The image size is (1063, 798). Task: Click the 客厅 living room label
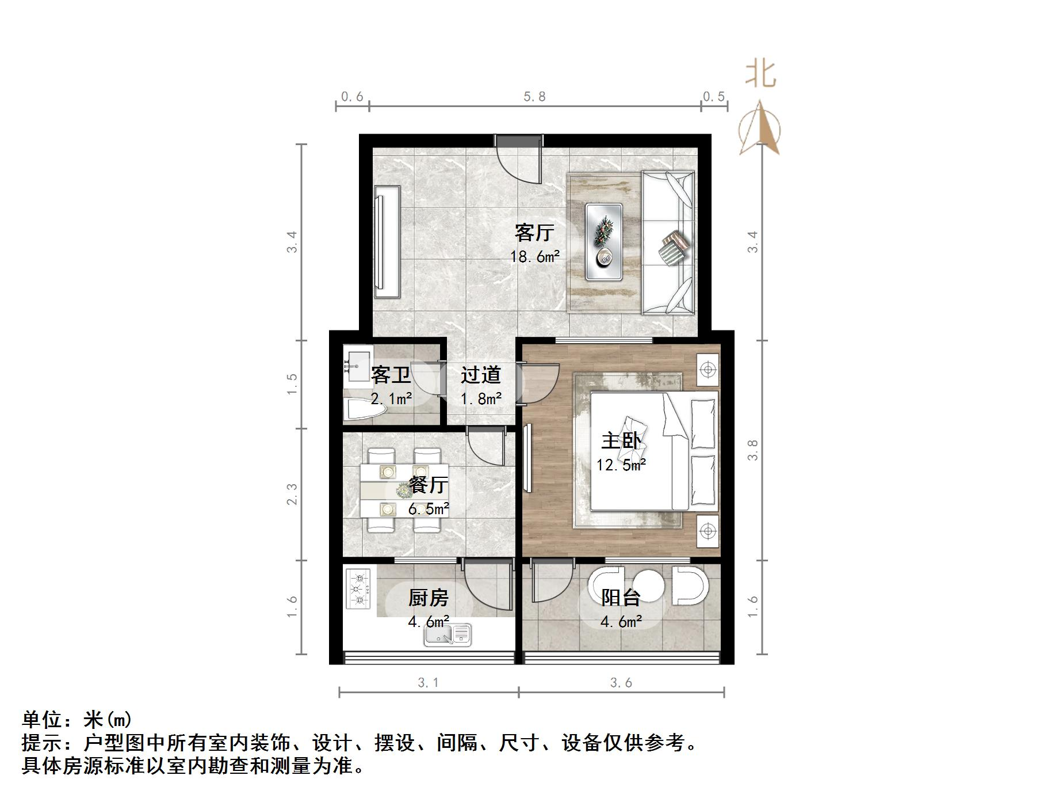534,233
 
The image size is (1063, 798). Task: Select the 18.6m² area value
534,256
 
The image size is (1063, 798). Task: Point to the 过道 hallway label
481,375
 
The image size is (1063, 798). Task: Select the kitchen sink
448,635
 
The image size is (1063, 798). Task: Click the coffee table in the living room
604,242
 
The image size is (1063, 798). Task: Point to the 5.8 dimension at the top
534,96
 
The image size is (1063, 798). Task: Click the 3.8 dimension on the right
752,450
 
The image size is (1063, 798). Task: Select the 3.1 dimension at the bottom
429,683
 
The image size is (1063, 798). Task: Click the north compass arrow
760,128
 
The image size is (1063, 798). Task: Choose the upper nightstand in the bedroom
708,368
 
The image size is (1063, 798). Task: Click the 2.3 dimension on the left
293,494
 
